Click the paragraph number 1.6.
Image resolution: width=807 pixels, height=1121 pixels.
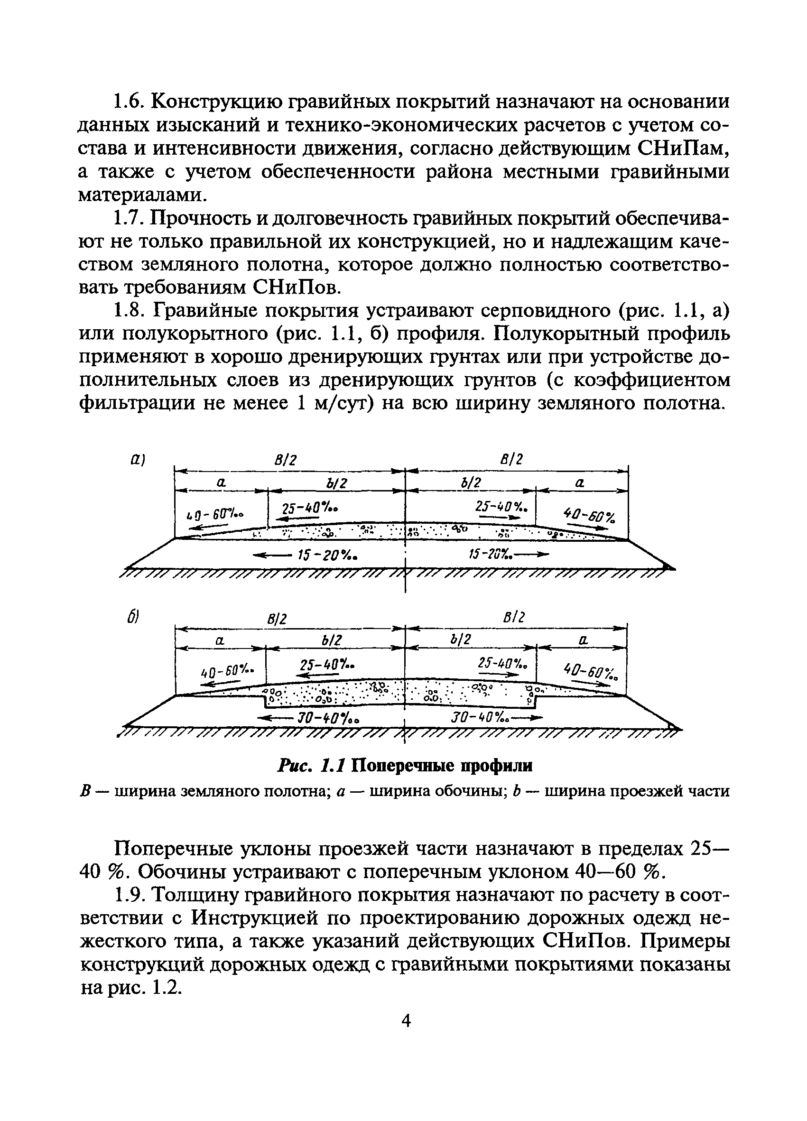pos(129,103)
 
